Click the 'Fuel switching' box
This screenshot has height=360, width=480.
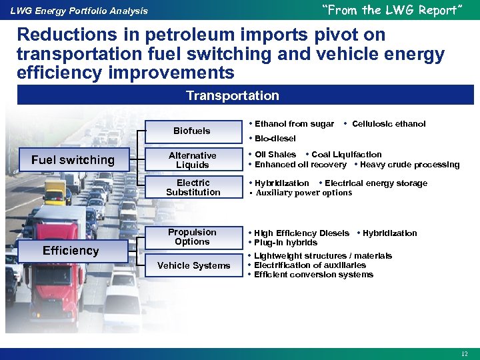click(73, 160)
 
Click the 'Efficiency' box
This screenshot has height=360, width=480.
click(71, 251)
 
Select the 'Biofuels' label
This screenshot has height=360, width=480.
click(192, 131)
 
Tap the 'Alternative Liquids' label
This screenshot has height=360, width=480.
click(192, 160)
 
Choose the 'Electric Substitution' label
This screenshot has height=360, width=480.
click(193, 187)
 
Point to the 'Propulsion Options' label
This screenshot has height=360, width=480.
click(192, 237)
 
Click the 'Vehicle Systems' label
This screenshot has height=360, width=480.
click(193, 265)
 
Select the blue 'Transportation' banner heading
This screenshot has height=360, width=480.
click(233, 95)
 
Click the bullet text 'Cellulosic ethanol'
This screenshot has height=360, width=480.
click(388, 123)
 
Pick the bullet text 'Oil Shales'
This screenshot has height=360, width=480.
click(275, 155)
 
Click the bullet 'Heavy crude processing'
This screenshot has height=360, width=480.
click(409, 165)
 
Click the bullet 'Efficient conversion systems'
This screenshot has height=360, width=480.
click(313, 275)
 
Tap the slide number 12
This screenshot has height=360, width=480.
click(465, 353)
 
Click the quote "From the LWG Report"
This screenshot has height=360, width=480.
click(391, 10)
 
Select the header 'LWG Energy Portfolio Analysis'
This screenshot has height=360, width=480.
click(79, 11)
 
